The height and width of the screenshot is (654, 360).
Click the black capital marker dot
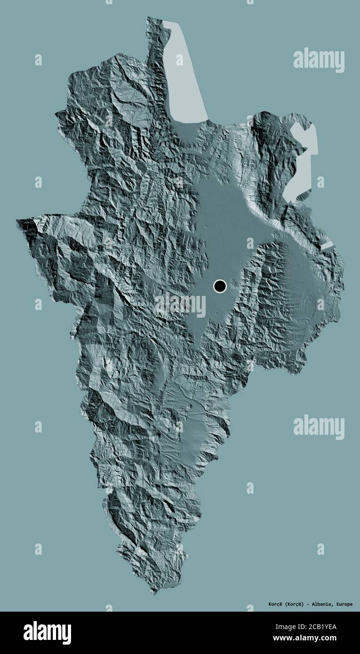[220, 286]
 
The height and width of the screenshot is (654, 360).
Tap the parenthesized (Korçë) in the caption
[296, 604]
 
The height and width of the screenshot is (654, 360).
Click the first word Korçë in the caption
[272, 604]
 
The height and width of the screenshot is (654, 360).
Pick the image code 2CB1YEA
[323, 626]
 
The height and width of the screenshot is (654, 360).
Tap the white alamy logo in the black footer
[47, 632]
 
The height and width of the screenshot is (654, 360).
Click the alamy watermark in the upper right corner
[319, 60]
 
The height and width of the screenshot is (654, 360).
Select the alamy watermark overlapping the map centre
[180, 304]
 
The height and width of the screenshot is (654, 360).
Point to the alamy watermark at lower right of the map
[319, 427]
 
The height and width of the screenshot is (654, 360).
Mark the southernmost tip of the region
[153, 593]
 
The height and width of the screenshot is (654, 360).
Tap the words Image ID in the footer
[291, 626]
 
